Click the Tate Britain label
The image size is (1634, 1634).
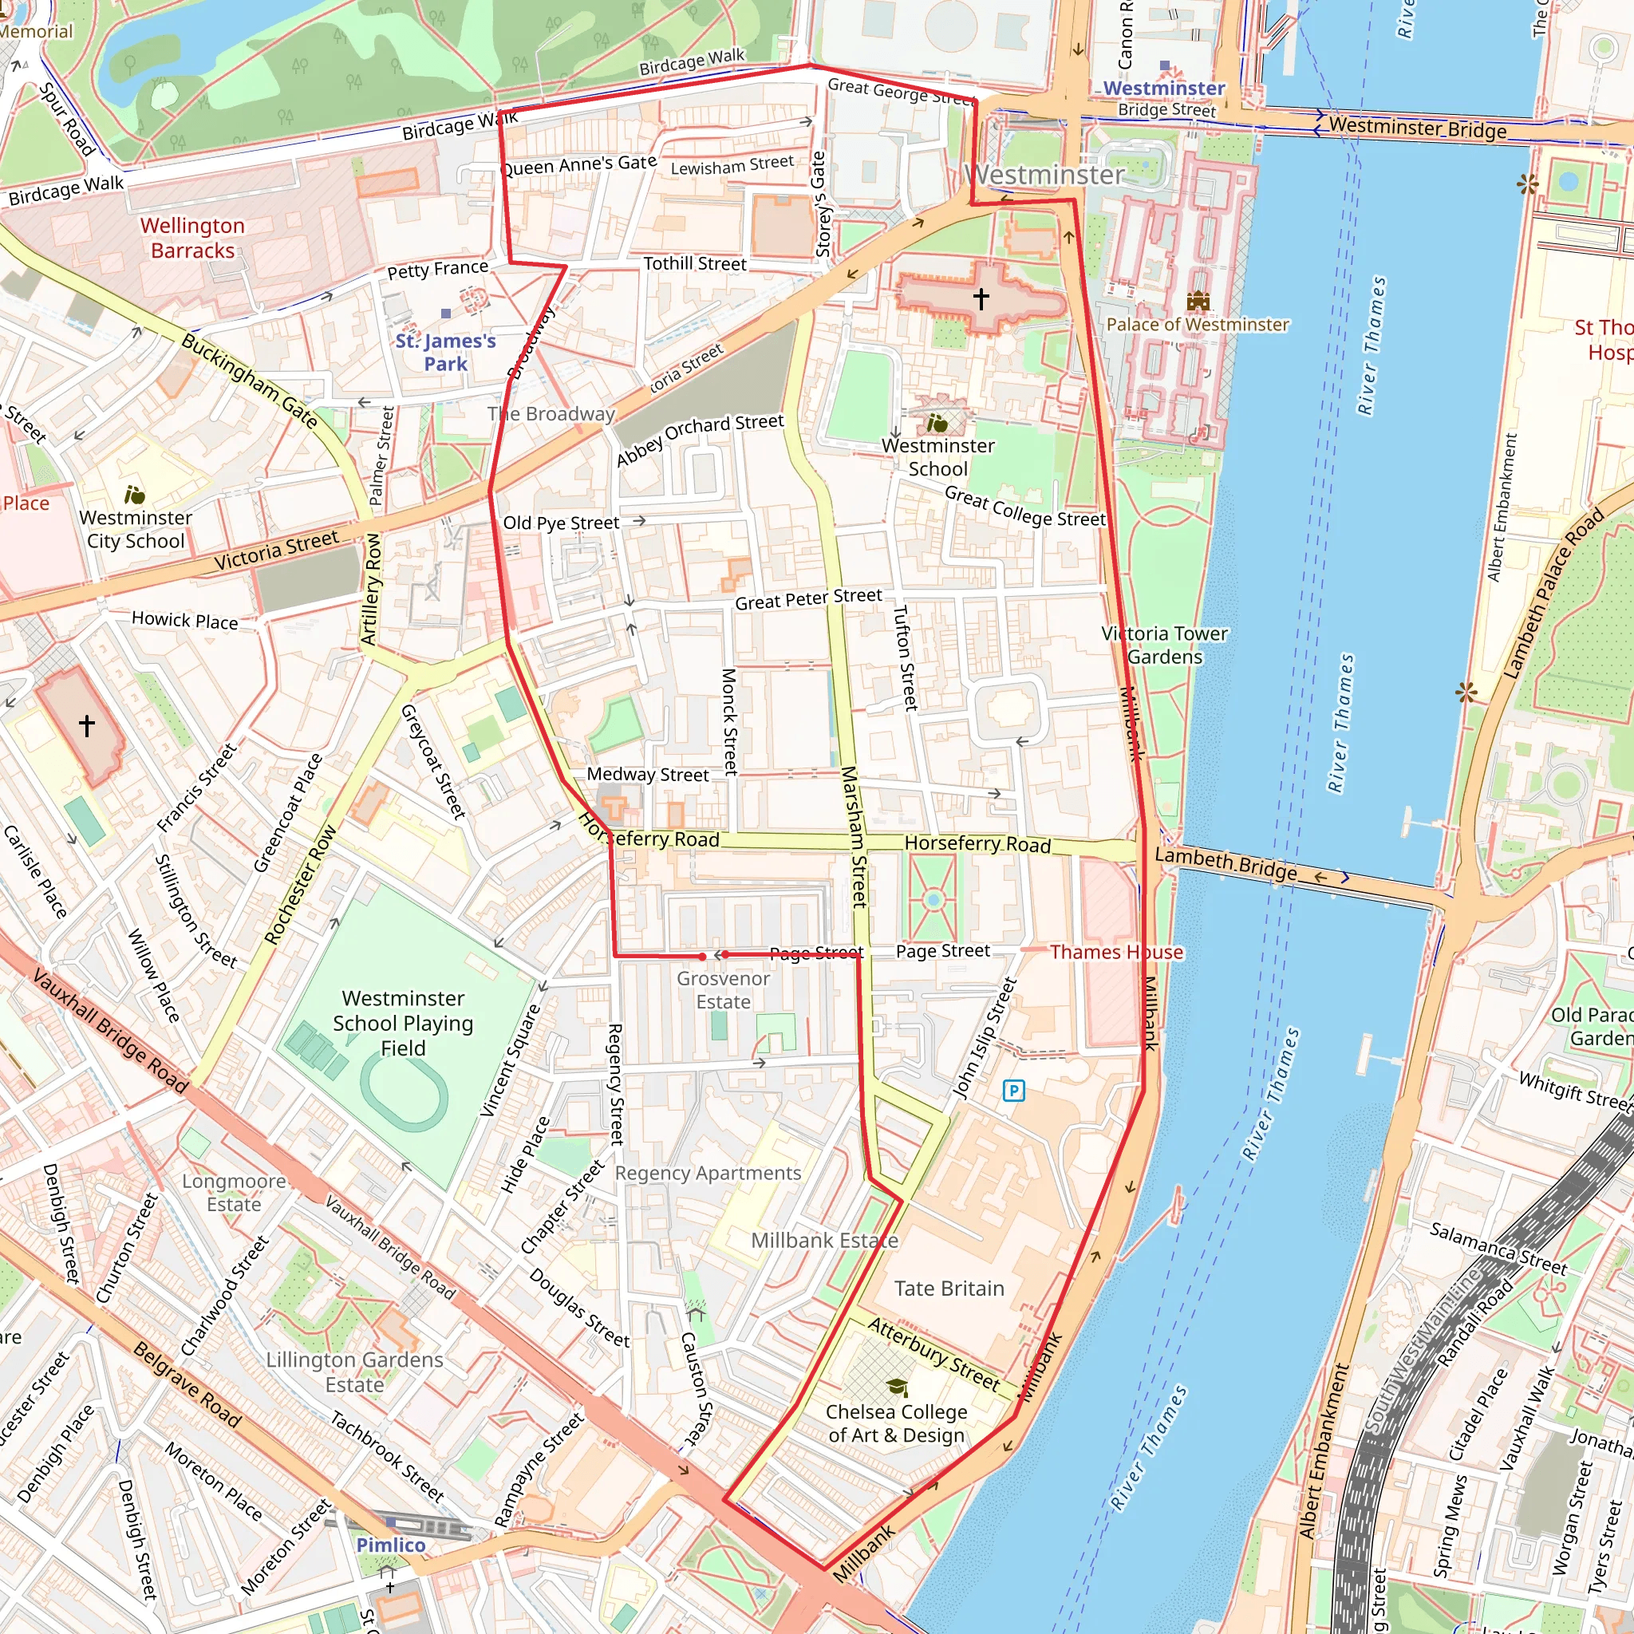coord(949,1288)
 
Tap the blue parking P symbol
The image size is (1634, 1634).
coord(1013,1090)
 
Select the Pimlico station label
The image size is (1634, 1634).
coord(391,1545)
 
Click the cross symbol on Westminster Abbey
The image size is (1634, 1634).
coord(981,298)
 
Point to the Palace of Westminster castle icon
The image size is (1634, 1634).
coord(1198,300)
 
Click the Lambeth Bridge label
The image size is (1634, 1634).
coord(1225,862)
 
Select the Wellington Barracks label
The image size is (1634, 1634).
coord(192,238)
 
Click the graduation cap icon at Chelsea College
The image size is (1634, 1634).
coord(897,1387)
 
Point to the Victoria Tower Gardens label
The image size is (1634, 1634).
coord(1164,645)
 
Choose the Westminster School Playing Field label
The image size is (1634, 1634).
coord(403,1023)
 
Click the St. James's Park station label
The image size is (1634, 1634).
coord(446,352)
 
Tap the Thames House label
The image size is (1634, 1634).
coord(1116,952)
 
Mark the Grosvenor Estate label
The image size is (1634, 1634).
coord(723,989)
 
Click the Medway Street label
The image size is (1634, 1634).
coord(648,774)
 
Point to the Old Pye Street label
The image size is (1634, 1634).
coord(561,523)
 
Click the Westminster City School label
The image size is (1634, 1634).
coord(136,529)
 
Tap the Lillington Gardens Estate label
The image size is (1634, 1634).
coord(354,1372)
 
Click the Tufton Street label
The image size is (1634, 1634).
coord(905,657)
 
